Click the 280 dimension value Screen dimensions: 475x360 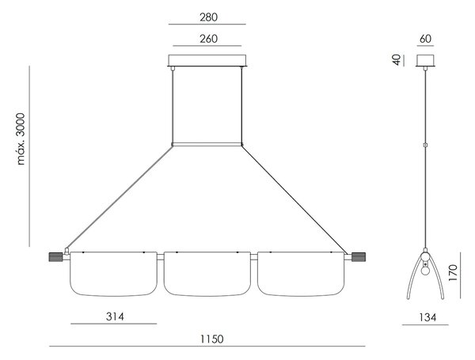(208, 17)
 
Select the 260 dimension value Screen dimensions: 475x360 (208, 39)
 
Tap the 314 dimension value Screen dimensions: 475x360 (115, 316)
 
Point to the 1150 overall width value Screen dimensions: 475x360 (212, 339)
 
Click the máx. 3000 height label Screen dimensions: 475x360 (21, 138)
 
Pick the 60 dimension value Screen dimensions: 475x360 (425, 39)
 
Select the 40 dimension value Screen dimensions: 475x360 (397, 59)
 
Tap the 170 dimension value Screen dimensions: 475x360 (453, 272)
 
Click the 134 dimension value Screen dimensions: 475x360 (427, 317)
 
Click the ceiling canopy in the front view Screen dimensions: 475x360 (207, 61)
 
